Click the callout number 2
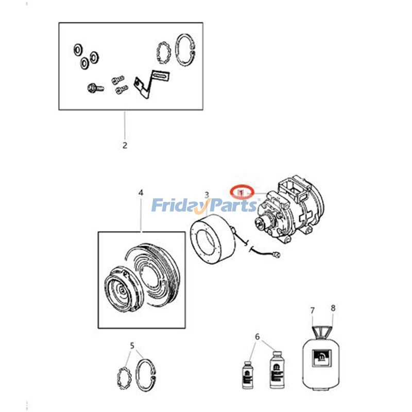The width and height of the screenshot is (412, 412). (x=125, y=145)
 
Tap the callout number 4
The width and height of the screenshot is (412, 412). (x=141, y=193)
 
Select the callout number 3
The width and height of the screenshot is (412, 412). (x=207, y=195)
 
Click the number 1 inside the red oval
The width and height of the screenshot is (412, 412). (x=242, y=194)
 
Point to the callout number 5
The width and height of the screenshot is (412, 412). (x=132, y=346)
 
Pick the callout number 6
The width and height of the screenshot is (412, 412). (x=257, y=337)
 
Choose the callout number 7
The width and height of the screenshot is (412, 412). (x=313, y=311)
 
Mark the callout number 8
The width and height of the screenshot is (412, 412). (x=333, y=308)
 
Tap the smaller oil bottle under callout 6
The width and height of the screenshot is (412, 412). (x=247, y=375)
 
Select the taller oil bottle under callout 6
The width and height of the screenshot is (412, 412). (x=277, y=370)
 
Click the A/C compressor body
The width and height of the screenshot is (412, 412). (x=289, y=210)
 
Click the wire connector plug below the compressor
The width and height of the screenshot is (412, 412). (x=278, y=254)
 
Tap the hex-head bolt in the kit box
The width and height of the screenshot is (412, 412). (x=95, y=88)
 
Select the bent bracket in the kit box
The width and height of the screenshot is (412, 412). (x=151, y=83)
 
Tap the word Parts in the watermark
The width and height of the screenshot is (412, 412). (x=231, y=205)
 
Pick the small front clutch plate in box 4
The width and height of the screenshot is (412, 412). (x=121, y=289)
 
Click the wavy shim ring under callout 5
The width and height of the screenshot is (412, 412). (x=123, y=379)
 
